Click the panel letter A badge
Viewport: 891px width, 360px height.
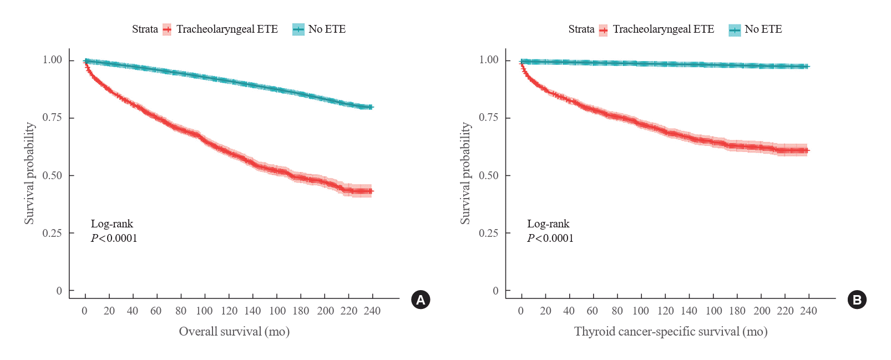coord(421,300)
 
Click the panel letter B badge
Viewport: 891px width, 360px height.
coord(857,300)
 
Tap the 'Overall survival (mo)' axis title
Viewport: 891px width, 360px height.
coord(234,332)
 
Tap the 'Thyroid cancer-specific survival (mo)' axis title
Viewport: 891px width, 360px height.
coord(671,332)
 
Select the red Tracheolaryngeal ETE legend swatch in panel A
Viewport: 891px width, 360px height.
coord(167,30)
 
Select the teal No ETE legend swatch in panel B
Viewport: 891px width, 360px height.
coord(735,30)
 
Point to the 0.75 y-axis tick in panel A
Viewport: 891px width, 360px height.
coord(52,118)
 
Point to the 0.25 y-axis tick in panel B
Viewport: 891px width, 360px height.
coord(488,233)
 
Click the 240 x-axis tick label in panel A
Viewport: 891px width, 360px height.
coord(372,311)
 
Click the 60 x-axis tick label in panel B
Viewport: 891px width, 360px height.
coord(593,311)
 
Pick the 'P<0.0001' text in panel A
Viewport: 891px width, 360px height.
coord(114,239)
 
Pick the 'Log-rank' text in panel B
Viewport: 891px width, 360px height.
coord(548,224)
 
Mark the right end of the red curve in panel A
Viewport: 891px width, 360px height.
coord(372,191)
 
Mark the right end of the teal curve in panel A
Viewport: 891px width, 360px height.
coord(372,107)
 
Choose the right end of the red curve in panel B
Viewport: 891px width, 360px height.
coord(808,150)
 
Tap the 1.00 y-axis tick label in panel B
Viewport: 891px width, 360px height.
coord(489,60)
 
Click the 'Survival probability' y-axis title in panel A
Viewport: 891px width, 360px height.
coord(29,173)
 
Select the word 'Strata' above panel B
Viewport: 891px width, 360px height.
coord(581,29)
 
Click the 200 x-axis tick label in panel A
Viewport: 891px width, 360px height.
coord(326,311)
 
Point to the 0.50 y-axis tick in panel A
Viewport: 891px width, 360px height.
coord(52,175)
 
